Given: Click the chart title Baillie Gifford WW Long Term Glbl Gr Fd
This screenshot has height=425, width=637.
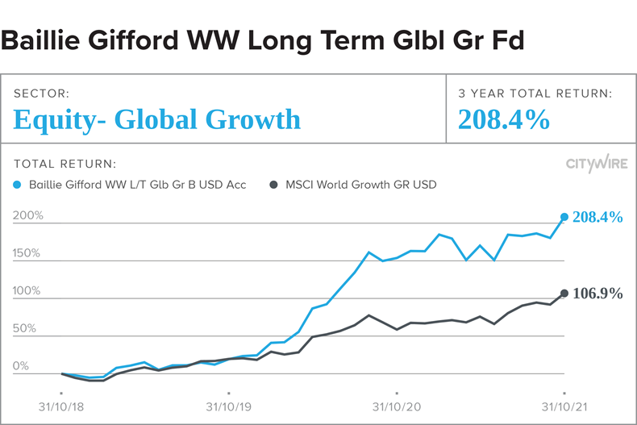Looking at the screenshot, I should (263, 40).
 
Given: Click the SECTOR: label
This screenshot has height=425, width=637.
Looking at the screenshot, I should (41, 94).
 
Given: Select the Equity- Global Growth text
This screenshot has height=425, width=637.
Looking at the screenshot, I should (157, 119).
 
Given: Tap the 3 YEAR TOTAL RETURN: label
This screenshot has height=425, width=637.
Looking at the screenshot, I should (535, 94).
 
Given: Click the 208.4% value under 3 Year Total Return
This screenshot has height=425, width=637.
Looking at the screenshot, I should (504, 119).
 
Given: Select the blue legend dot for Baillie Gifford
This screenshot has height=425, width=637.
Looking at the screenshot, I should (19, 185).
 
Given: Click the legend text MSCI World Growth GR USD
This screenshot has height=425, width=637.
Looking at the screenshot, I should (360, 185).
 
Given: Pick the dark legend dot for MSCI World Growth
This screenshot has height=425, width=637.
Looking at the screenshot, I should (276, 185).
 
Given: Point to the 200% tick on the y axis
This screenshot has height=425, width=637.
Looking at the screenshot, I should (28, 216).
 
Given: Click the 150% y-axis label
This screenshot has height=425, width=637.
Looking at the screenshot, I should (28, 253).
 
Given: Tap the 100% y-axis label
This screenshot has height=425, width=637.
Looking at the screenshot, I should (28, 291).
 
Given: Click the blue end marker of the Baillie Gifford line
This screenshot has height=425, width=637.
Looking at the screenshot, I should (564, 217).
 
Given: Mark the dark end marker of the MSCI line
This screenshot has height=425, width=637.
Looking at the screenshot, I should (564, 293).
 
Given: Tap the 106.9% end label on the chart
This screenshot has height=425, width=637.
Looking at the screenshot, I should (597, 294).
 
